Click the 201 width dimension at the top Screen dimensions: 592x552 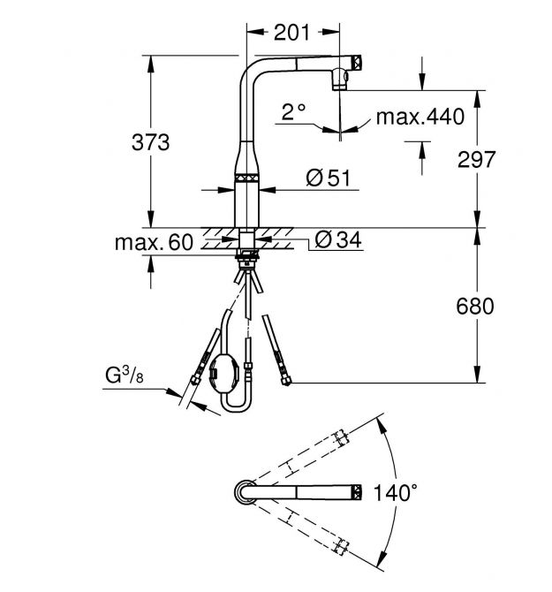pos(291,34)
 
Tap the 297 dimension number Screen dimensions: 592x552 pos(478,159)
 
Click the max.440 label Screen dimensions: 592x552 pos(420,118)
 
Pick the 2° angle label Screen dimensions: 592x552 pos(293,112)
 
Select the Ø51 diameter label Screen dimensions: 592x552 pos(328,178)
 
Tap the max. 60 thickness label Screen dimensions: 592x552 pos(155,242)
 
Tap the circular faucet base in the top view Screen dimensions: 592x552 pos(245,490)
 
